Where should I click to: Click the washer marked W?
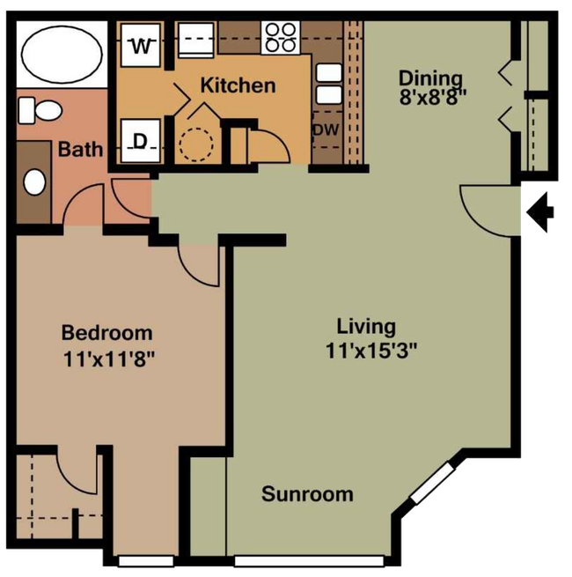tap(141, 45)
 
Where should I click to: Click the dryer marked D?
tap(141, 141)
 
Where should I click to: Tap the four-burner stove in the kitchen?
tap(281, 38)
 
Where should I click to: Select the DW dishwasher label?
tap(326, 129)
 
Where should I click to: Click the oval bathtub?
tap(62, 55)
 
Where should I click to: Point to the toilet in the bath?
tap(40, 110)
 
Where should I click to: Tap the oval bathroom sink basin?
tap(34, 182)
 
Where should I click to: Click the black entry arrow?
tap(540, 212)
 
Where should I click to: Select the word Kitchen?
tap(238, 85)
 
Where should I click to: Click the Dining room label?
tap(430, 78)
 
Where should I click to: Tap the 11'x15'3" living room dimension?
tap(371, 351)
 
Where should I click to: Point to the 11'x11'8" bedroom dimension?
tap(109, 359)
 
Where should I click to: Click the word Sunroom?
tap(307, 494)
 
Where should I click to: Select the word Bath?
tap(80, 150)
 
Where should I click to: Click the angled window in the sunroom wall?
tap(432, 483)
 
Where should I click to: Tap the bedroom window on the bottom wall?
tap(146, 561)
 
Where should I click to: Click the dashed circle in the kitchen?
tap(196, 144)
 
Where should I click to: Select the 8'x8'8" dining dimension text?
tap(433, 98)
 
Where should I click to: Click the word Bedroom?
tap(107, 333)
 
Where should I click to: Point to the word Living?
tap(366, 327)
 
